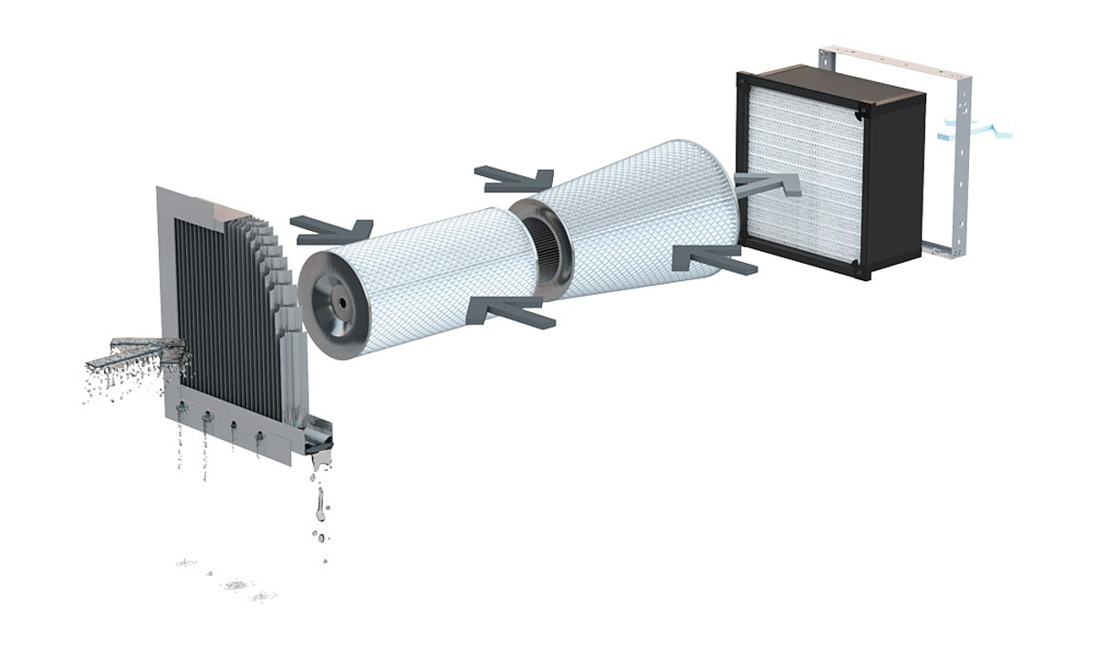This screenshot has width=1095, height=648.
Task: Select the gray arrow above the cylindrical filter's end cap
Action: tap(333, 229)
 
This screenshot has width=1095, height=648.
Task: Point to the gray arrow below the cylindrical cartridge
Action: tap(511, 311)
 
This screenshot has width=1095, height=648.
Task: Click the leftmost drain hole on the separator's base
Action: tap(182, 411)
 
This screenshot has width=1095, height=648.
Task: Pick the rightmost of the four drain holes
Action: tap(259, 437)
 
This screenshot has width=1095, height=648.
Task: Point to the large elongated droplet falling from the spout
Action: tap(319, 503)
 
